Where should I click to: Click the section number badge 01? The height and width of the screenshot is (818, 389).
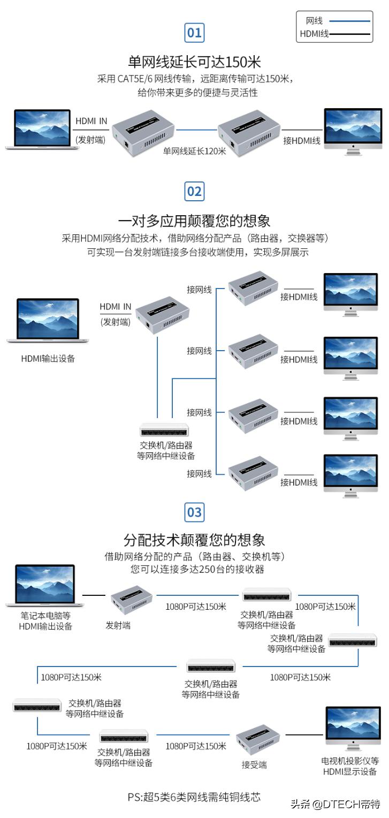tap(194, 33)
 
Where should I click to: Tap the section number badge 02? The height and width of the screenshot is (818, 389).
tap(194, 191)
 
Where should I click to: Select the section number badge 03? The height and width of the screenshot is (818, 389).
tap(194, 512)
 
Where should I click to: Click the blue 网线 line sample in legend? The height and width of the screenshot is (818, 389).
tap(350, 21)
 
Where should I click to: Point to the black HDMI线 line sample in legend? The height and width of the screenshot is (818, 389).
tap(350, 35)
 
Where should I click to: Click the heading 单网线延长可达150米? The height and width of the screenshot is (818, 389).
tap(194, 60)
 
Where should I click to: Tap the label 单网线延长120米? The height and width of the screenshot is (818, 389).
tap(195, 151)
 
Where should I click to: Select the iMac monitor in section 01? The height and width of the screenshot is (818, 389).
tap(353, 131)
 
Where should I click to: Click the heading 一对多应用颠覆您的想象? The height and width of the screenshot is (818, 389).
tap(194, 221)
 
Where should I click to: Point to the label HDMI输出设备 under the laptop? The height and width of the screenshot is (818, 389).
tap(48, 359)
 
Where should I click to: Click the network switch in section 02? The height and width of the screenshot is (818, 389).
tap(165, 429)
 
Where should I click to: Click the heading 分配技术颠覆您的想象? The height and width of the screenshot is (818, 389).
tap(194, 539)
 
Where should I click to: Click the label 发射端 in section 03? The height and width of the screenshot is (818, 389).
tap(118, 625)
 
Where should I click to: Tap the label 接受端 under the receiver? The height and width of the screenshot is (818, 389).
tap(254, 765)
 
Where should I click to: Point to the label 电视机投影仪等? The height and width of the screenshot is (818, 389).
tap(350, 760)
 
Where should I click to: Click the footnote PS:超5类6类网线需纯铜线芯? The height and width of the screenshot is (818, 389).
tap(194, 797)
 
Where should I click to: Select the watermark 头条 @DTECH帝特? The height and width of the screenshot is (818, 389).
tap(335, 804)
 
